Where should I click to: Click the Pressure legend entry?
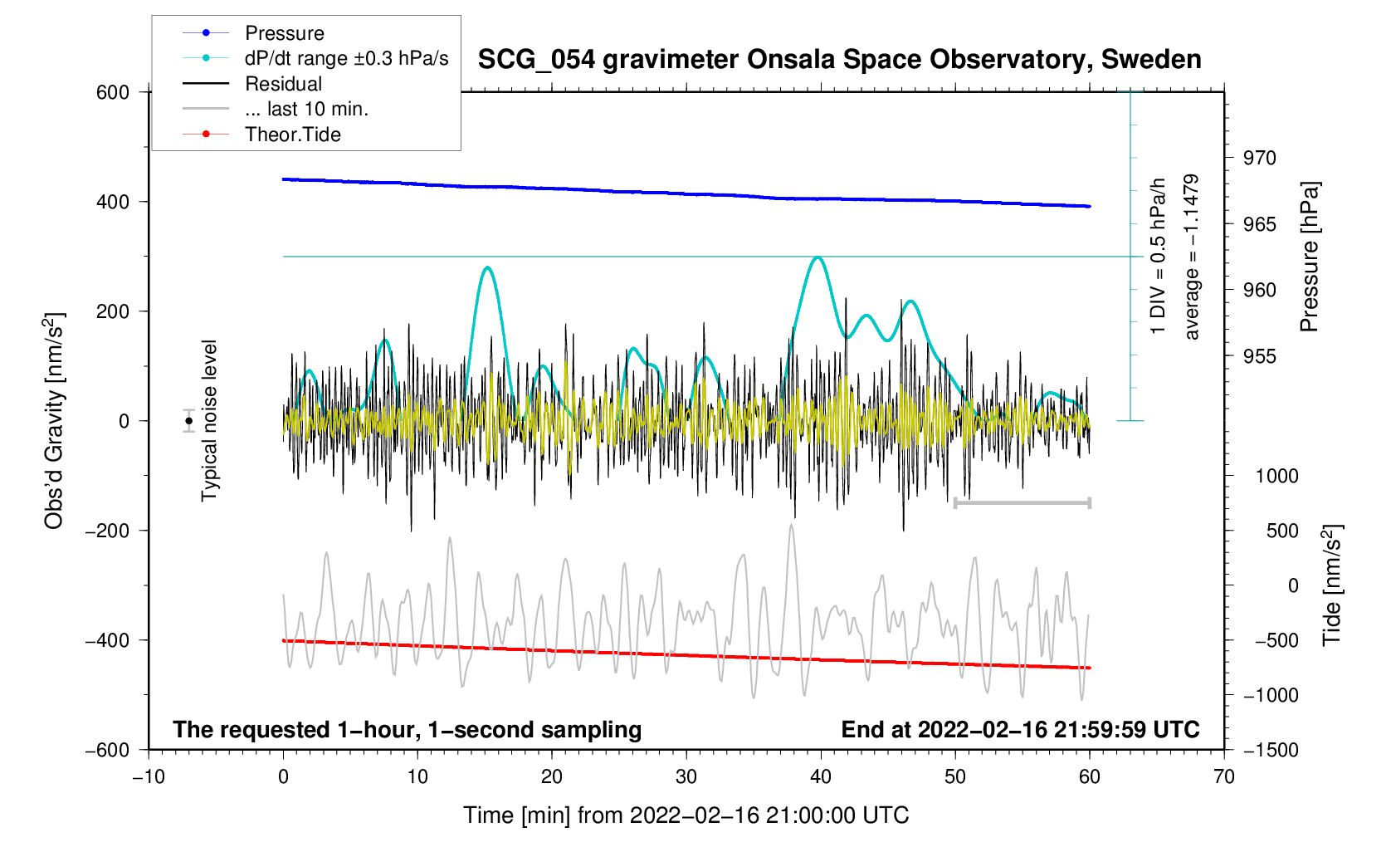[284, 33]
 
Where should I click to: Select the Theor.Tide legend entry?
[292, 135]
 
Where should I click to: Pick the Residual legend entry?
[283, 84]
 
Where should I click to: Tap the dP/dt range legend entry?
[346, 58]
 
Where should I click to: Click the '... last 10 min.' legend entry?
[306, 109]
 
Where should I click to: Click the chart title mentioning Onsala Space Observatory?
[839, 60]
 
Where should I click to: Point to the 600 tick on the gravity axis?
[113, 92]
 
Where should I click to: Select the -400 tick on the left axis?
[108, 640]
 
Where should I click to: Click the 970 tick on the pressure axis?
[1259, 158]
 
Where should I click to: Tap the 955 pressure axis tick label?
[1259, 356]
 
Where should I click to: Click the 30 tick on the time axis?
[686, 776]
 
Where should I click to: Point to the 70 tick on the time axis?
[1224, 776]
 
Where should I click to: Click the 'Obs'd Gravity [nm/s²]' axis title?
[54, 421]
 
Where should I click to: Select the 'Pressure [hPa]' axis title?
[1310, 257]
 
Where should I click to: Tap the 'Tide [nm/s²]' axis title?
[1332, 585]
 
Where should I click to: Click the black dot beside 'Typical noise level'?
[189, 421]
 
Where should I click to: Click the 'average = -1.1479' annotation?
[1192, 257]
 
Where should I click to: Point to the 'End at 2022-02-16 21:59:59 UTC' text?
[1020, 730]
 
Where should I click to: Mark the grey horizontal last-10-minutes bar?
[1023, 503]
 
